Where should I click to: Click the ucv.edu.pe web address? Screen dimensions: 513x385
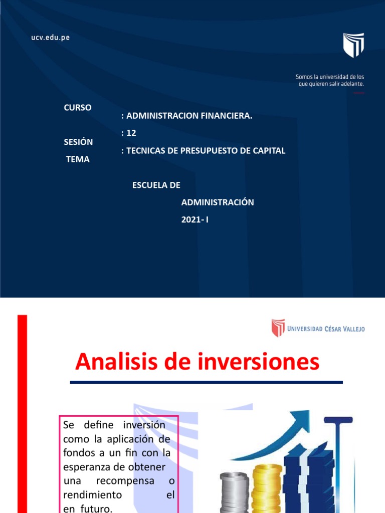point(50,38)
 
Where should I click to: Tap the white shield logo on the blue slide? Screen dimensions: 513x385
point(353,45)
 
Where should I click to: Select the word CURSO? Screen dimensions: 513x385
point(78,108)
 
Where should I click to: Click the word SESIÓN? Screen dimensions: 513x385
point(78,142)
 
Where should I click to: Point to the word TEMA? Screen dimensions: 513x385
point(78,159)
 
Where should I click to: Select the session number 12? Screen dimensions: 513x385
point(131,133)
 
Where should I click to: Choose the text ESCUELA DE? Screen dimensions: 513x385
point(156,185)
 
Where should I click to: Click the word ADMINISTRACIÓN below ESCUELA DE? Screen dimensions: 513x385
point(218,202)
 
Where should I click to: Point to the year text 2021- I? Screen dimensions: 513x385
point(195,219)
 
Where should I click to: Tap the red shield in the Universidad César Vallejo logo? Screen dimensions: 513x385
point(278,328)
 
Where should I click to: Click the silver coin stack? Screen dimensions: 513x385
point(234,491)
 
